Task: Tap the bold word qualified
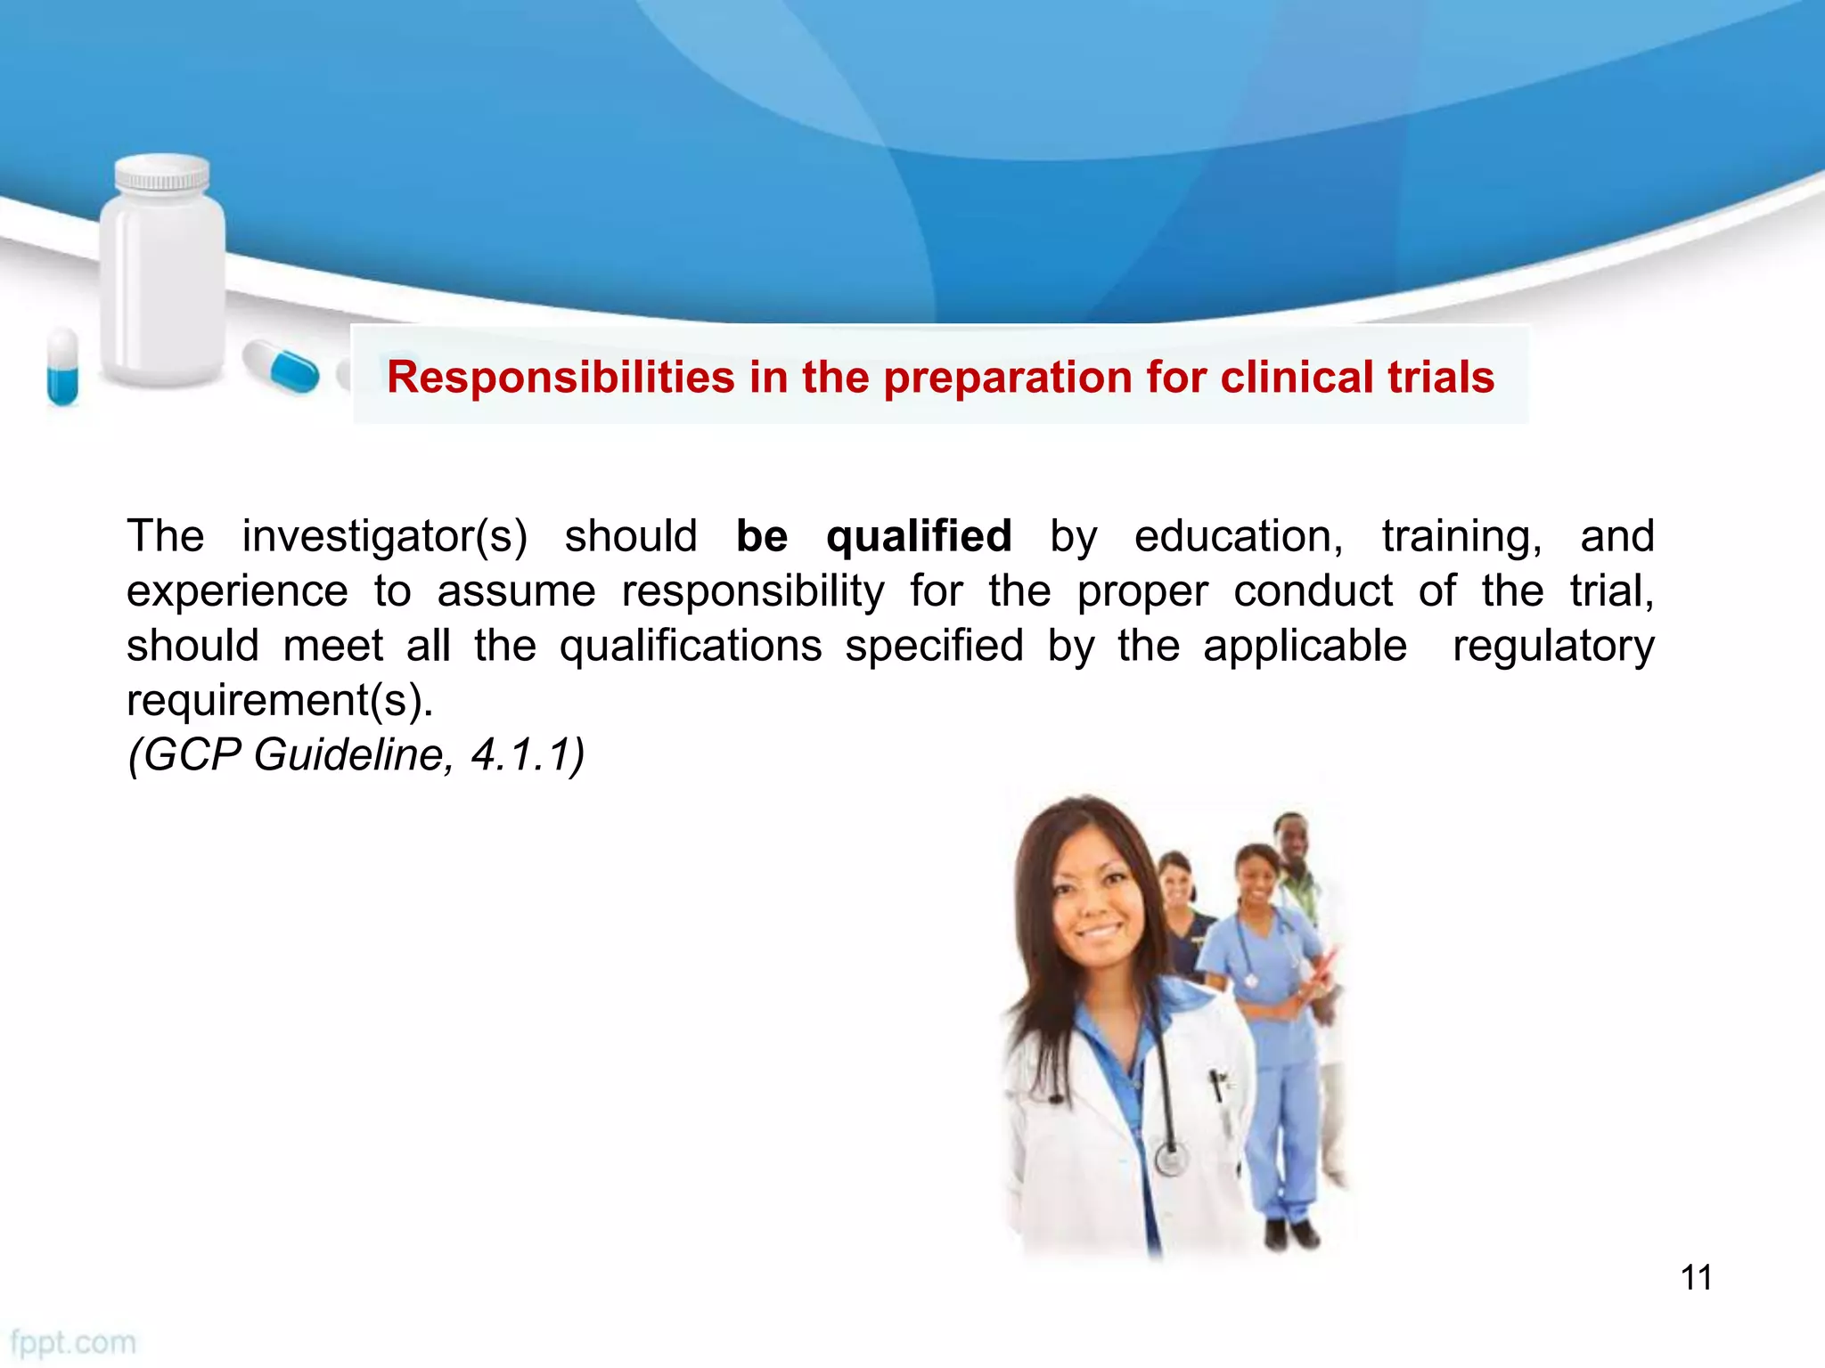pos(919,537)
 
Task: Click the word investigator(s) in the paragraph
pos(384,537)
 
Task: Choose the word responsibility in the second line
pos(753,591)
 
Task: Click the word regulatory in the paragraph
pos(1552,646)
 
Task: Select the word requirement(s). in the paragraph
pos(280,701)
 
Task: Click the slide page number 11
pos(1696,1277)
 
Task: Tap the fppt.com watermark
pos(73,1342)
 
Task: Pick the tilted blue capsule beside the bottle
pos(282,366)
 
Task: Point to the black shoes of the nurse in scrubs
pos(1291,1234)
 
